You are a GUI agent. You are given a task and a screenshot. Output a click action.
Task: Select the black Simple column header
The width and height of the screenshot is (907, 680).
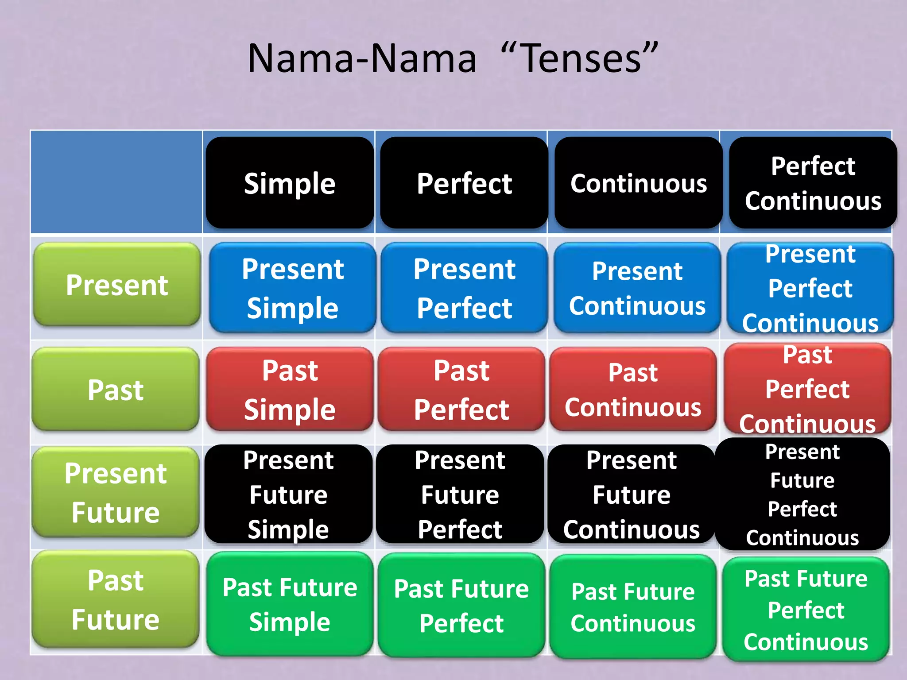(290, 183)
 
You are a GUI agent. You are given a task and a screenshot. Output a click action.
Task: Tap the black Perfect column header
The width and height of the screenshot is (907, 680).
(464, 183)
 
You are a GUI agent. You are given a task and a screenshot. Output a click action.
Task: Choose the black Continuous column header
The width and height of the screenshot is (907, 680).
(638, 183)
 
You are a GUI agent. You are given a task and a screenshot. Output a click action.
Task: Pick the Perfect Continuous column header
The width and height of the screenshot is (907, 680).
(813, 183)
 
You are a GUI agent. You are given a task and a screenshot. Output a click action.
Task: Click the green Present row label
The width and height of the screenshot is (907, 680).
(117, 285)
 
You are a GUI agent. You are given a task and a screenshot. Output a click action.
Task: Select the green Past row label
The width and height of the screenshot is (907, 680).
(116, 390)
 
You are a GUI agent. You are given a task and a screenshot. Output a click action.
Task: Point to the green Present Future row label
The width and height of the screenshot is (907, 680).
(116, 492)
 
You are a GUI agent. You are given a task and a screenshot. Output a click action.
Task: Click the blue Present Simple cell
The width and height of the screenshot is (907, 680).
(292, 288)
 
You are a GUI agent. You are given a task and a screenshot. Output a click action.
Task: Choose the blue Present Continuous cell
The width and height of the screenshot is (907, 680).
(637, 288)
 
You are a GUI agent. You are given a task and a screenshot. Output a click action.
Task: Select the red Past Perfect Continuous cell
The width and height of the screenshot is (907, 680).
(807, 389)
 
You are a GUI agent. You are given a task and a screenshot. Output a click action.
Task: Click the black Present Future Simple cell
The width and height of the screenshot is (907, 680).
(288, 494)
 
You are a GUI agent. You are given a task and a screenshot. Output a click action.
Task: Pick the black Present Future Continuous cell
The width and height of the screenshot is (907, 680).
(632, 494)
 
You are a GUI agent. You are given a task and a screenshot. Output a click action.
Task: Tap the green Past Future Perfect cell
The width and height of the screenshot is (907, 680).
(461, 605)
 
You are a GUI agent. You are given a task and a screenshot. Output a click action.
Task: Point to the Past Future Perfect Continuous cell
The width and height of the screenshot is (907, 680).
(806, 609)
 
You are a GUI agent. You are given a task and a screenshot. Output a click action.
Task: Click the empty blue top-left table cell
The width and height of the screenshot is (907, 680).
(116, 182)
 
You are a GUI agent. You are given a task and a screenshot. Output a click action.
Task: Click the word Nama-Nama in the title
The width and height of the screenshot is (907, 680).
(362, 58)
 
